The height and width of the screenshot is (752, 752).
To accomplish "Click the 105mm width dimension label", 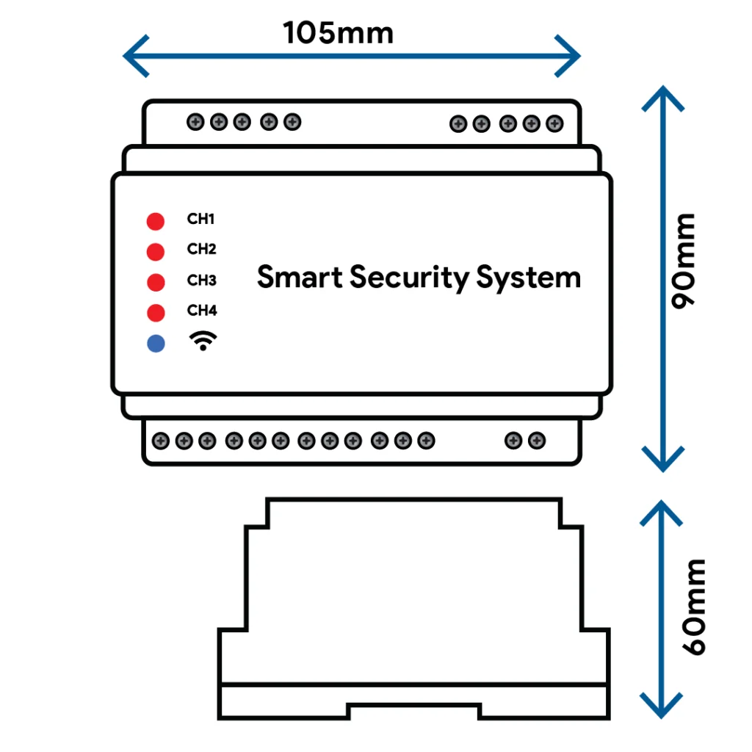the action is (338, 32).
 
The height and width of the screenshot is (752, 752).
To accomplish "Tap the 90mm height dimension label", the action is (683, 261).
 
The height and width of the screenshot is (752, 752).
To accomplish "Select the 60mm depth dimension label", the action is (694, 607).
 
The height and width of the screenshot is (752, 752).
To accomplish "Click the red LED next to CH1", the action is (156, 221).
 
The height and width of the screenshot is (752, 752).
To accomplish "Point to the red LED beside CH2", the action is (156, 252).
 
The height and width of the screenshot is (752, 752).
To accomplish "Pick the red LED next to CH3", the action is (156, 282).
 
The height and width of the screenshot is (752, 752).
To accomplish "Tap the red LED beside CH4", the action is (156, 313).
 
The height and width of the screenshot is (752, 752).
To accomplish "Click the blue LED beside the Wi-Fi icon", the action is (156, 344).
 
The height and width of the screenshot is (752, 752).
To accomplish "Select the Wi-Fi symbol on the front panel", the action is (203, 341).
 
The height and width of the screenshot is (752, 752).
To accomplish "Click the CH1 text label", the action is (200, 219).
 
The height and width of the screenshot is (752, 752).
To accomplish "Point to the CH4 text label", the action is (202, 311).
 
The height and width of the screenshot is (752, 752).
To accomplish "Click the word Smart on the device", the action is (300, 277).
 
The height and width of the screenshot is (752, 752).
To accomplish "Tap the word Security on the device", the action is (410, 278).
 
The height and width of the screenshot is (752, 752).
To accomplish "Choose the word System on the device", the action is (529, 278).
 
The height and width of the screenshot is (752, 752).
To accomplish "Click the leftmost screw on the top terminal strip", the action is (195, 122).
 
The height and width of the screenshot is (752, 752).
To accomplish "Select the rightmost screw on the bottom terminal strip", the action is (537, 441).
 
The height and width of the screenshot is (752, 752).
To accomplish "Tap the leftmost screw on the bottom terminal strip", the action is (161, 441).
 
